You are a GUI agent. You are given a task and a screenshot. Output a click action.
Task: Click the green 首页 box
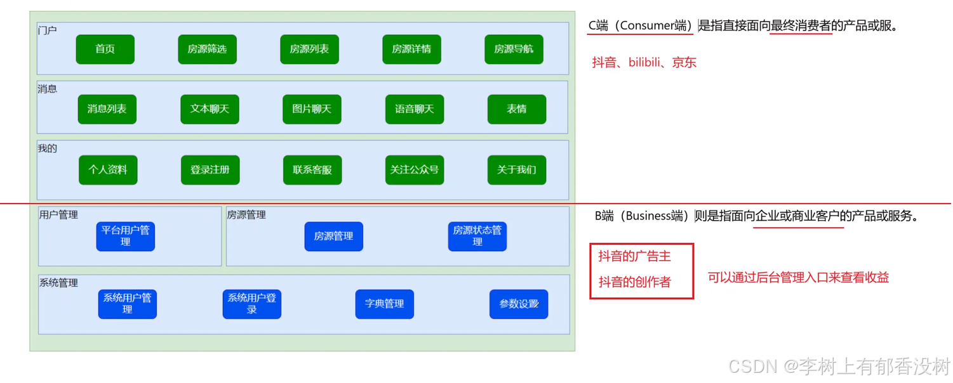pyautogui.click(x=105, y=49)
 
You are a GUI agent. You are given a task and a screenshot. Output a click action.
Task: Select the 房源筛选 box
pyautogui.click(x=207, y=49)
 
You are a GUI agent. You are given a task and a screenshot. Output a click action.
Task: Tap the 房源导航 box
pyautogui.click(x=514, y=49)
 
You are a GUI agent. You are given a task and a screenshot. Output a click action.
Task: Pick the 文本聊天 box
pyautogui.click(x=210, y=109)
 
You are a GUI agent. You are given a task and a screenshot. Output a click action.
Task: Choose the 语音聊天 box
pyautogui.click(x=414, y=109)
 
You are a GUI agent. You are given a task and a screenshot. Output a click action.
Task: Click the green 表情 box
pyautogui.click(x=517, y=109)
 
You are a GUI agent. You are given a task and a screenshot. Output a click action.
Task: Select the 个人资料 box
pyautogui.click(x=108, y=170)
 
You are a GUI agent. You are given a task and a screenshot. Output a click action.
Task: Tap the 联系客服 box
pyautogui.click(x=312, y=170)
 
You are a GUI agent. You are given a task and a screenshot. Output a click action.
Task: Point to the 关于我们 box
pyautogui.click(x=517, y=170)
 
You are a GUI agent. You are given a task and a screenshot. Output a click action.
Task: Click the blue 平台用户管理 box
pyautogui.click(x=126, y=236)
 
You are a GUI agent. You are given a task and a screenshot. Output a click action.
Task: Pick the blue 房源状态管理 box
pyautogui.click(x=477, y=236)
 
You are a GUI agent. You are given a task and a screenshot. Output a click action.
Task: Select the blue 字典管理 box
pyautogui.click(x=384, y=304)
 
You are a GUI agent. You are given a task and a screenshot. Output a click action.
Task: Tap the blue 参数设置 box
pyautogui.click(x=518, y=304)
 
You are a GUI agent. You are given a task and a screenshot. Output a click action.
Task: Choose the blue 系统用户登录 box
pyautogui.click(x=251, y=304)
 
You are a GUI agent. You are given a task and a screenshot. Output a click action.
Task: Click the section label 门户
pyautogui.click(x=48, y=30)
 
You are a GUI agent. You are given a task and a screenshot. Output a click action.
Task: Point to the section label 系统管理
pyautogui.click(x=58, y=283)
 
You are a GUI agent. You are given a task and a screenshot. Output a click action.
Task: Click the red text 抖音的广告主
pyautogui.click(x=634, y=256)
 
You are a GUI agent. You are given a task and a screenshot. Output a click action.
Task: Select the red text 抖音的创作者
pyautogui.click(x=634, y=282)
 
